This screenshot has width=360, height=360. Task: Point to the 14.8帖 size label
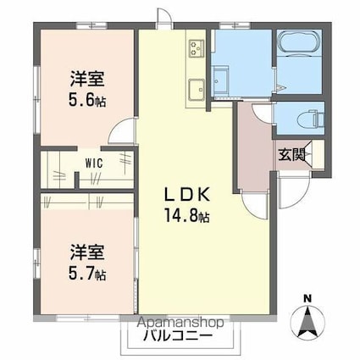click(x=186, y=217)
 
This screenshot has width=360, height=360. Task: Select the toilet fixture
click(x=308, y=118)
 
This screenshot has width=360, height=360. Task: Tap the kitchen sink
click(x=196, y=86)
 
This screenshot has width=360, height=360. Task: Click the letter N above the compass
click(x=308, y=298)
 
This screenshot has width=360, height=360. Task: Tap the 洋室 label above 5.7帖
click(x=87, y=253)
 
